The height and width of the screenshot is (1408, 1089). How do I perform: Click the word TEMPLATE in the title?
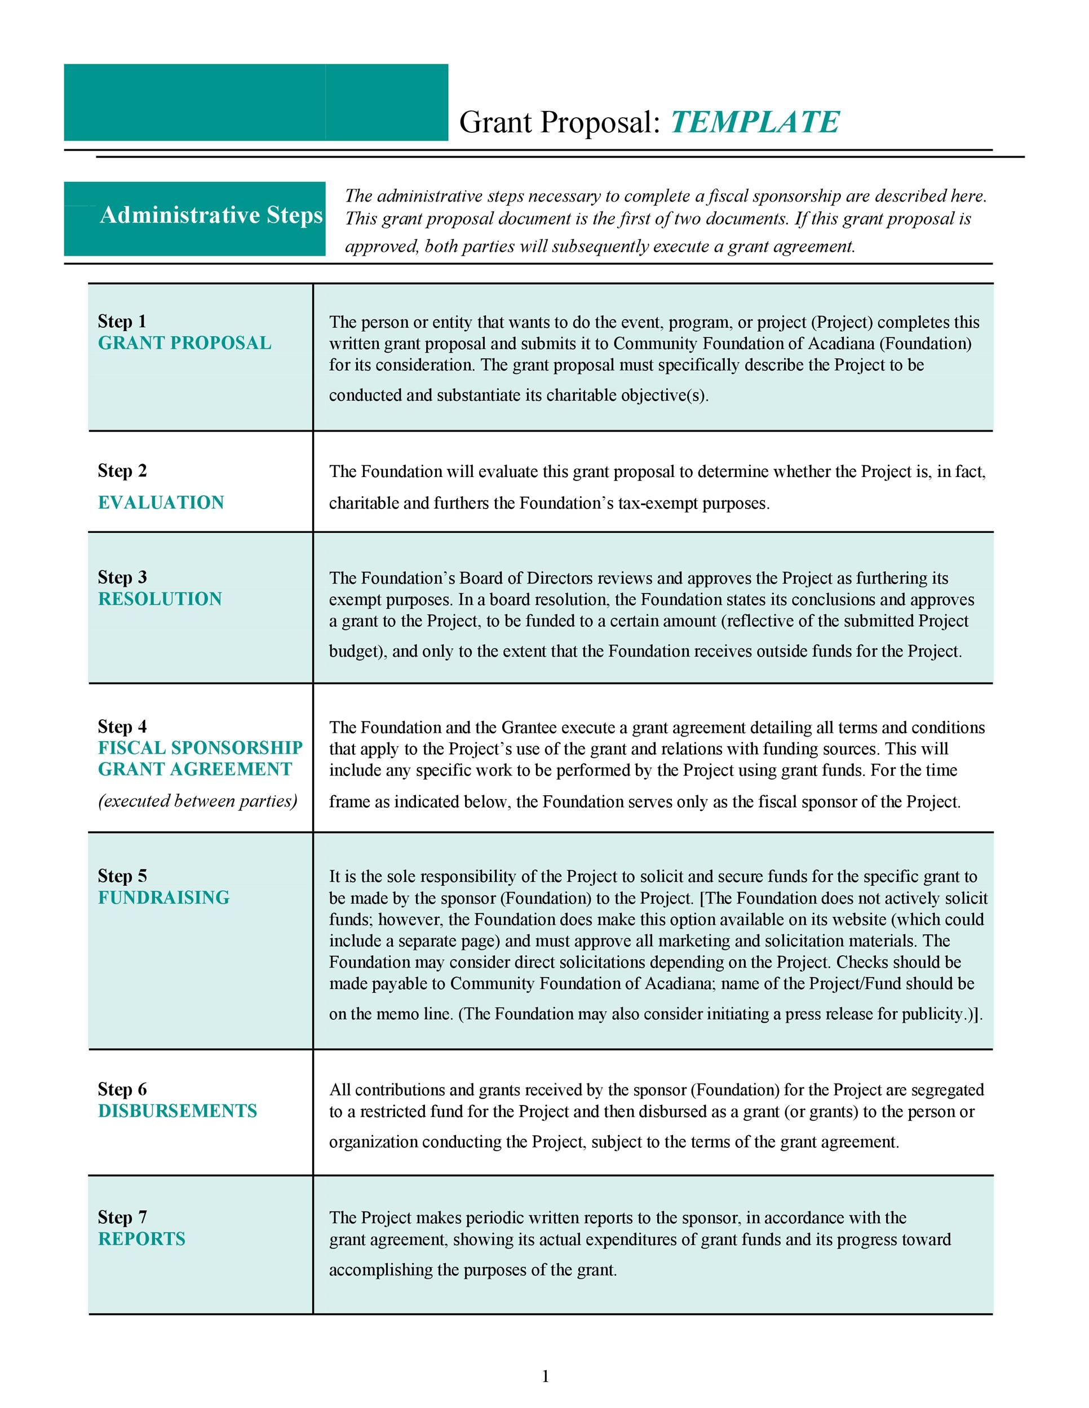point(754,122)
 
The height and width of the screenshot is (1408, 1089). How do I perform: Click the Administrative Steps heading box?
point(195,218)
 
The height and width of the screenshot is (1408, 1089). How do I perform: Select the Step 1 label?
point(122,321)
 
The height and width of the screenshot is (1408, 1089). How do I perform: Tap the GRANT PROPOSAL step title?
point(184,343)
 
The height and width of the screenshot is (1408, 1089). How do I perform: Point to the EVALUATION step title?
point(161,502)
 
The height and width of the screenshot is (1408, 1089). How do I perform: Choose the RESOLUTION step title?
point(160,599)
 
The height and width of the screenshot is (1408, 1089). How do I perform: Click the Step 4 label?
point(122,727)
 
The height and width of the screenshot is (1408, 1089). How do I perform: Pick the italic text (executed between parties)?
point(197,801)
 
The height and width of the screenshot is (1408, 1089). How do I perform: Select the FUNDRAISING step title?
point(164,897)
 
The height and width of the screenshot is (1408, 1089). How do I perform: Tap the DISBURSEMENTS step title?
point(178,1111)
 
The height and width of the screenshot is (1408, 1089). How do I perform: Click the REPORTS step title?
point(141,1239)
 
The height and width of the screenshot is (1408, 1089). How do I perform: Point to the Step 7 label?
point(122,1217)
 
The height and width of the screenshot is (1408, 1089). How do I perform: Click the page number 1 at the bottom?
point(545,1376)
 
